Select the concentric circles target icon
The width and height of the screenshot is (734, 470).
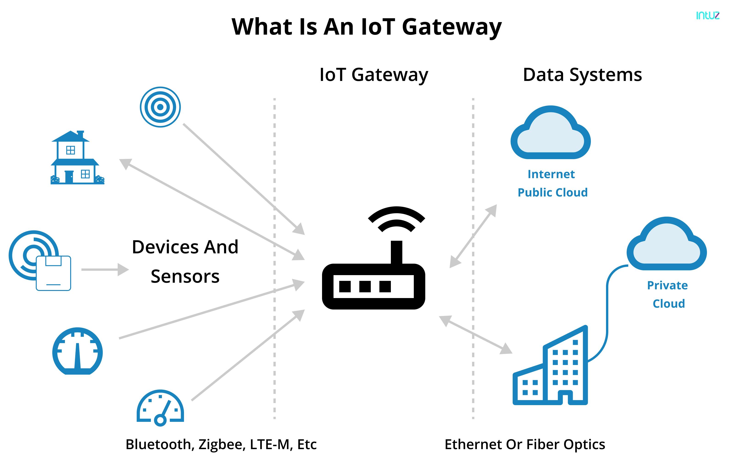pyautogui.click(x=160, y=107)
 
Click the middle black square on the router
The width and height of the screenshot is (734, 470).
pyautogui.click(x=365, y=287)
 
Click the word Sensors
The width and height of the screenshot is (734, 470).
pyautogui.click(x=185, y=276)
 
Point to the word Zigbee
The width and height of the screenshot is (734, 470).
pyautogui.click(x=222, y=444)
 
